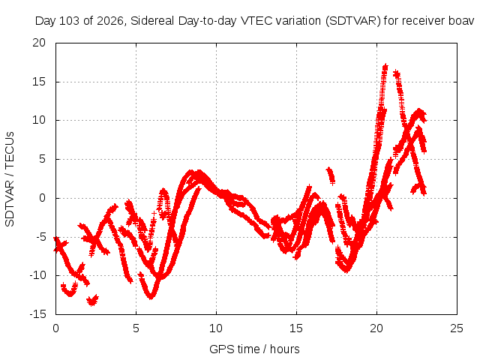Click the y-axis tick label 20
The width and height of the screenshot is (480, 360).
click(x=39, y=43)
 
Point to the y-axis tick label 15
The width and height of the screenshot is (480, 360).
click(x=39, y=82)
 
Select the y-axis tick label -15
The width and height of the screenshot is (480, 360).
click(x=37, y=314)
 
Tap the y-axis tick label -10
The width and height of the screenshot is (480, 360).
click(x=37, y=275)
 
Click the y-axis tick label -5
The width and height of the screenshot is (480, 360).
click(x=40, y=237)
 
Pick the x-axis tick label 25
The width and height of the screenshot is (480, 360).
click(x=457, y=328)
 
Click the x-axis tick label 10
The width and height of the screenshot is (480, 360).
click(x=216, y=328)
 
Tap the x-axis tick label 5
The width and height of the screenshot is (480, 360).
click(x=136, y=328)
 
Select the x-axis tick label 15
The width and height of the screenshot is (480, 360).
click(x=296, y=328)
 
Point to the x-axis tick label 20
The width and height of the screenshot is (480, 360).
click(x=376, y=328)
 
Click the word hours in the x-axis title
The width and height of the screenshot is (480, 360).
click(x=284, y=349)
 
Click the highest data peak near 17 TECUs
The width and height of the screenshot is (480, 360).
click(x=385, y=67)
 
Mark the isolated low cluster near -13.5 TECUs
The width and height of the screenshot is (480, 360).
click(x=92, y=300)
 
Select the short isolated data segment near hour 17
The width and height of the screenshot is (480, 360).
click(x=331, y=175)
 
